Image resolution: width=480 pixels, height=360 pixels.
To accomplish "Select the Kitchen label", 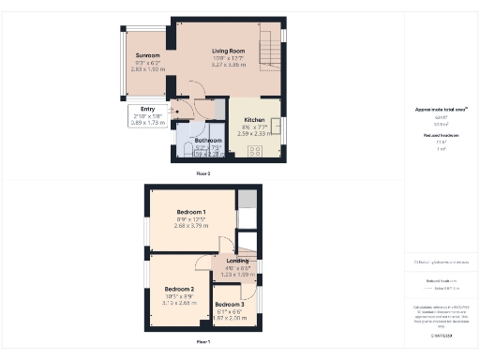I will (x=255, y=121).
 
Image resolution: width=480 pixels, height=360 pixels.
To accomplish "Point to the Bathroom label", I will (x=209, y=141).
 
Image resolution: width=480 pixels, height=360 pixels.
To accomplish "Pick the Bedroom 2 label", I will (x=179, y=289).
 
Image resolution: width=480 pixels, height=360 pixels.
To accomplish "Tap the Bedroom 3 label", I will (x=229, y=305).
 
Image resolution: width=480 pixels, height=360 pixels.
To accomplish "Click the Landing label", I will (x=237, y=261).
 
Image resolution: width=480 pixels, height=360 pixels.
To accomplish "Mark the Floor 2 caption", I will (x=202, y=174).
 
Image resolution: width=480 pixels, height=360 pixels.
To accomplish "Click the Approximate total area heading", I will (x=441, y=110).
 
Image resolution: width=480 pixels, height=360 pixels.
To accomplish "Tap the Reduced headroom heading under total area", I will (x=441, y=136).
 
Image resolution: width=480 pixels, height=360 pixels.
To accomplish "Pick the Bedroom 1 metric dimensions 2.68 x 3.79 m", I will (x=190, y=226).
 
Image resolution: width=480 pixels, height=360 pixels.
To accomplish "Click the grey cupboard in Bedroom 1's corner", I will (x=247, y=200).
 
